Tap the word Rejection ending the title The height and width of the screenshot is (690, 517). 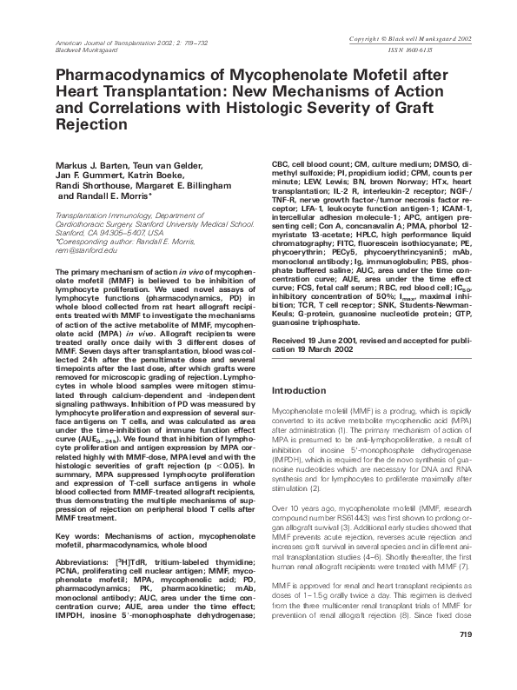(x=93, y=125)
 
